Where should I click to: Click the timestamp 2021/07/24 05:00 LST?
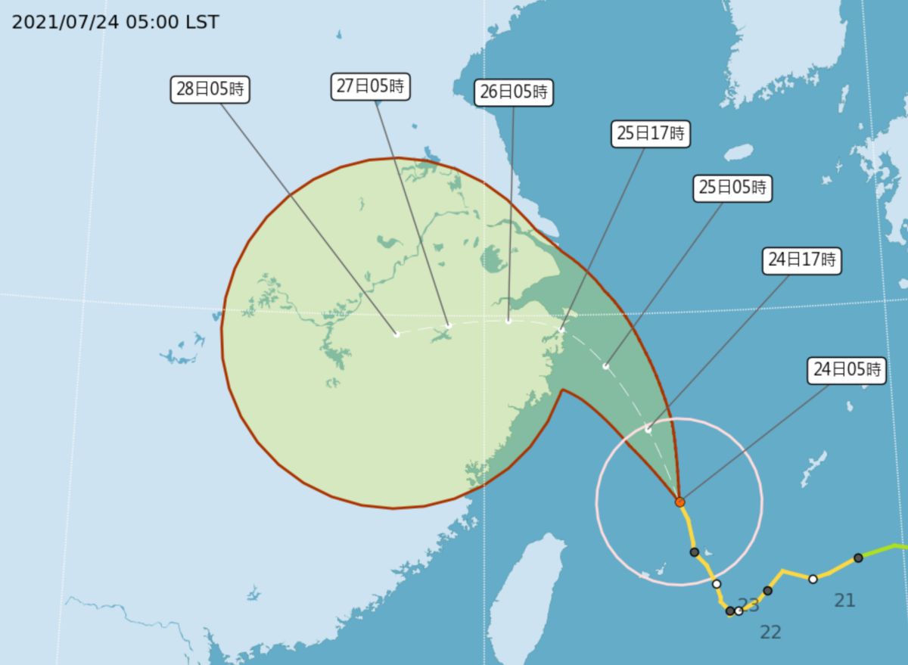116,22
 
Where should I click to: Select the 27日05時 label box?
370,86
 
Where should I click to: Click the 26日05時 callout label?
514,93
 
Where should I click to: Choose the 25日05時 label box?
732,188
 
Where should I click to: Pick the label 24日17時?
801,261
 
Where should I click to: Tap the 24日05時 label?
847,371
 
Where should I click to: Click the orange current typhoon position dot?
679,502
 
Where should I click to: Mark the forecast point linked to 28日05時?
396,334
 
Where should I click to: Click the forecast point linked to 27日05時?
448,326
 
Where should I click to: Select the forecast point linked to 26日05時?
508,321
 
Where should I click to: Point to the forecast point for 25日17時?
561,330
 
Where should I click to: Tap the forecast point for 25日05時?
606,366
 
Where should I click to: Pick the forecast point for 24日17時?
648,429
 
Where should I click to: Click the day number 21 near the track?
844,601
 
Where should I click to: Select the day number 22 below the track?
770,632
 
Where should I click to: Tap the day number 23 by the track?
750,604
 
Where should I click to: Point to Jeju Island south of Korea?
739,153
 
